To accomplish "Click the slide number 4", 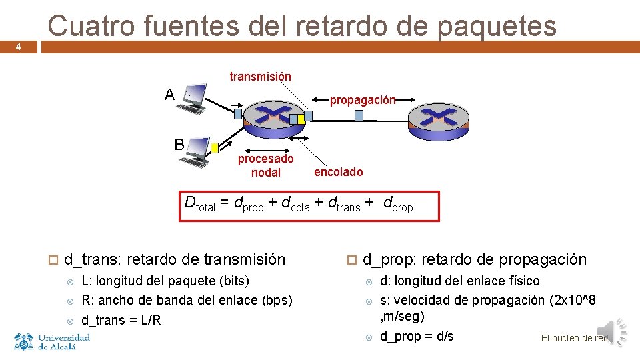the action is [x=19, y=47].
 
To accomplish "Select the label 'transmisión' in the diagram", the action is [x=260, y=77].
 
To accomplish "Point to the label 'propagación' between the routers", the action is [x=363, y=100].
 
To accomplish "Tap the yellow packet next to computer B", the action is [x=215, y=148].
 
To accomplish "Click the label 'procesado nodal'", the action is [x=265, y=166].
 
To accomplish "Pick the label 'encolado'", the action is [x=339, y=172].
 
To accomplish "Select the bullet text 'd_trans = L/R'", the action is [x=121, y=320].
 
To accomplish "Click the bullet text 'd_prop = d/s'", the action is [x=417, y=336].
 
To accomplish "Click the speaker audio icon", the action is [x=612, y=332].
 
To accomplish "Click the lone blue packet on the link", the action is [x=359, y=115].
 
